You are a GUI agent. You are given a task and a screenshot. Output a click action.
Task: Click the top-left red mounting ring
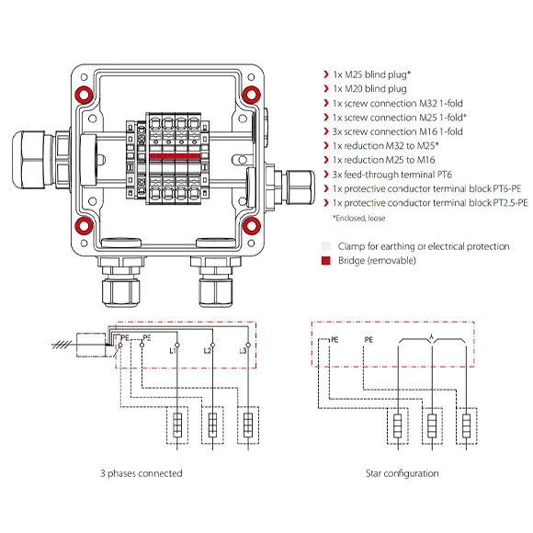(x=84, y=94)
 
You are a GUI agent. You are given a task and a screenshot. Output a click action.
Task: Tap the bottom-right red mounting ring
(x=252, y=226)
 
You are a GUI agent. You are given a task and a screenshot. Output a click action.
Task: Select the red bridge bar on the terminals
(x=175, y=156)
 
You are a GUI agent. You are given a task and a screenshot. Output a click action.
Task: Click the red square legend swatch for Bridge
(x=325, y=260)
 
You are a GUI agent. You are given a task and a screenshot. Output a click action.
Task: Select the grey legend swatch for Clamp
(x=325, y=245)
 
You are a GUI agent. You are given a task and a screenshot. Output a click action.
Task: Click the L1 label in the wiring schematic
(x=173, y=350)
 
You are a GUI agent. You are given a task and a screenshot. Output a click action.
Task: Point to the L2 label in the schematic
(x=208, y=350)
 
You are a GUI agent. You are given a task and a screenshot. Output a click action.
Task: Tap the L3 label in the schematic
(x=243, y=350)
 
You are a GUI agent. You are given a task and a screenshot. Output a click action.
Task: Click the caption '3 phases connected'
(x=142, y=473)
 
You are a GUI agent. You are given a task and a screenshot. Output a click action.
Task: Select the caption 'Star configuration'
(x=403, y=473)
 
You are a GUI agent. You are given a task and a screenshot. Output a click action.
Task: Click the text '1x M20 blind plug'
(x=369, y=89)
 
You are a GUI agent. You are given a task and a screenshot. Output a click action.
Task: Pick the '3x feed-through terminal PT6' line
(x=392, y=175)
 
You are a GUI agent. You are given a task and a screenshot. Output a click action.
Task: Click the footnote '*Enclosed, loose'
(x=359, y=218)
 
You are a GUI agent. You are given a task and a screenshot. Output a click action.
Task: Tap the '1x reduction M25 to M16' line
(x=384, y=160)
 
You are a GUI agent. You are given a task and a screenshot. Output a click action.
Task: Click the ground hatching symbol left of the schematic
(x=62, y=346)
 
